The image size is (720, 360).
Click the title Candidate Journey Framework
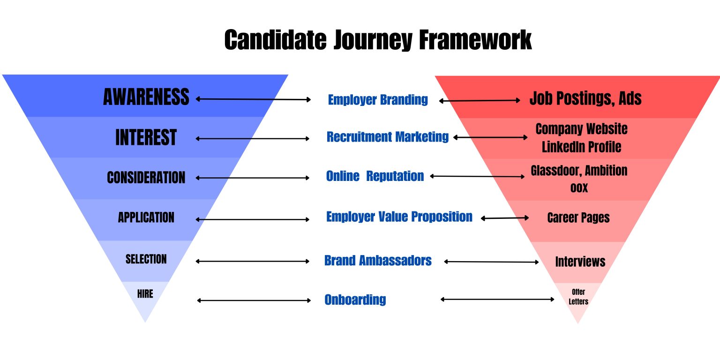(378, 40)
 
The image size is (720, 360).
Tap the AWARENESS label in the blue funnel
(146, 97)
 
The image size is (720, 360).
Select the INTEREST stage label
(146, 138)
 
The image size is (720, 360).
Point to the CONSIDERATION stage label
(146, 178)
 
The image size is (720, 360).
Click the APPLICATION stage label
(146, 217)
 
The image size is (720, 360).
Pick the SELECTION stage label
(146, 259)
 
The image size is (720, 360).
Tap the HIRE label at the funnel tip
(145, 294)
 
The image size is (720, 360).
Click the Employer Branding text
(378, 100)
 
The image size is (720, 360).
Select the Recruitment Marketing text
(388, 137)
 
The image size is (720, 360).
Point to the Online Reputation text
(375, 176)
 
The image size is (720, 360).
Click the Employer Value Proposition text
(399, 217)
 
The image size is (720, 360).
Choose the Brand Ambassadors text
(378, 261)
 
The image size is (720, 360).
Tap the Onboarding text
(355, 300)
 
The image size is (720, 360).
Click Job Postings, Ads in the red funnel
(585, 98)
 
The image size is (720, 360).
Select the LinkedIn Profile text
(581, 147)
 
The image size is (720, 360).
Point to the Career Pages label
(578, 217)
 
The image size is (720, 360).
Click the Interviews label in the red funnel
(580, 262)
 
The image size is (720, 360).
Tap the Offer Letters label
(578, 297)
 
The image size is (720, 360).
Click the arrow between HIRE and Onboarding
(254, 300)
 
